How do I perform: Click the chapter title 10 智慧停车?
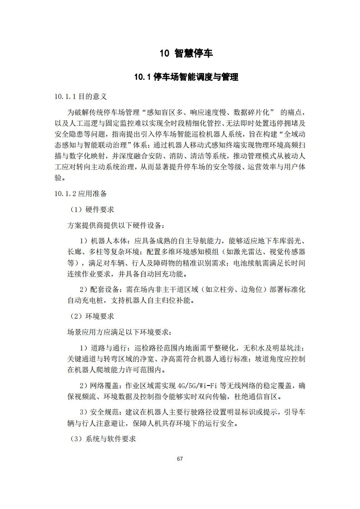pos(186,54)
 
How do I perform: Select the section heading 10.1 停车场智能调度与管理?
pos(186,77)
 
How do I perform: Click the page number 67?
pos(180,459)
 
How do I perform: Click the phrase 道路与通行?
pos(109,348)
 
